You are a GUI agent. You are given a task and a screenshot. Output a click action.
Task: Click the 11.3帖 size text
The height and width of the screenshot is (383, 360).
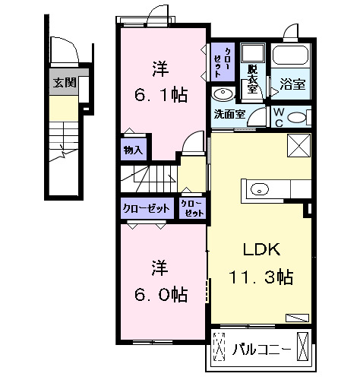coord(262,277)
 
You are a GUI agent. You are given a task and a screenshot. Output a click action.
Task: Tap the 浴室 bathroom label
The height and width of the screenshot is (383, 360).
coord(292,84)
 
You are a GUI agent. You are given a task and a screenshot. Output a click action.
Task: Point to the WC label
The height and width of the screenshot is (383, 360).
coord(278,116)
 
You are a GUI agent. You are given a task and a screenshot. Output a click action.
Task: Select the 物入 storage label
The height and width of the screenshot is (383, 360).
coord(133,150)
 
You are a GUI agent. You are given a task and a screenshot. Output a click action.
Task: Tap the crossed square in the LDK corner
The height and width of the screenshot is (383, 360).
coord(298,145)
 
